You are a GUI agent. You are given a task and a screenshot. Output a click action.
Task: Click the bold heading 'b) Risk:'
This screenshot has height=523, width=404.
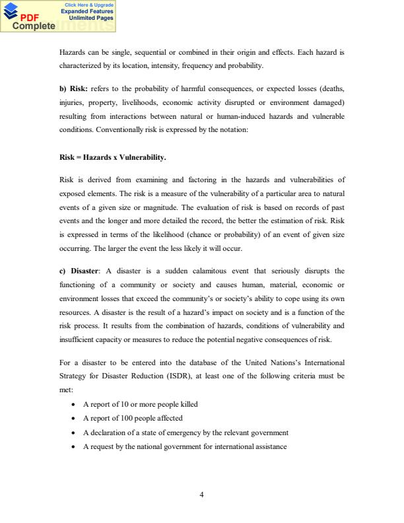pyautogui.click(x=75, y=88)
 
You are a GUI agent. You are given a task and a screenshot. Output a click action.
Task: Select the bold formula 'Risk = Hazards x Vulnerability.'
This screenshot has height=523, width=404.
pyautogui.click(x=112, y=158)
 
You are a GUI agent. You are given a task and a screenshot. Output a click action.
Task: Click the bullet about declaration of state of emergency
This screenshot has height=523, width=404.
pyautogui.click(x=185, y=433)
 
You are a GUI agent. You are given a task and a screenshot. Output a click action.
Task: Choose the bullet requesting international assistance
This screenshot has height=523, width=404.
pyautogui.click(x=184, y=447)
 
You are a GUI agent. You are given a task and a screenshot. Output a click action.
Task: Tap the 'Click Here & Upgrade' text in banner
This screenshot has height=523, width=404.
pyautogui.click(x=88, y=5)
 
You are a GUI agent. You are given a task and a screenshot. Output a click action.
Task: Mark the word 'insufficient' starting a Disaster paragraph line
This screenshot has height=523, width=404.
pyautogui.click(x=77, y=339)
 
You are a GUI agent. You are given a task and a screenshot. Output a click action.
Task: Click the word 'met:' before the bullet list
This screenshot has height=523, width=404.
pyautogui.click(x=67, y=390)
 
